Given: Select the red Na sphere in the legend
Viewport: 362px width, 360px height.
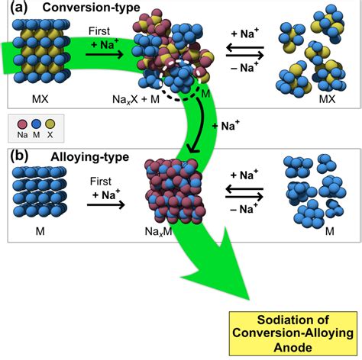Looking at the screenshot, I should (21, 123).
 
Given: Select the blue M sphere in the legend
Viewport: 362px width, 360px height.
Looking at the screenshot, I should (36, 123).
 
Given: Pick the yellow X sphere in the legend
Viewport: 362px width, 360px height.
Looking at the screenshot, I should (50, 123).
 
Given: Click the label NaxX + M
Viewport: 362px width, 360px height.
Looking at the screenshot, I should (139, 100).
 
